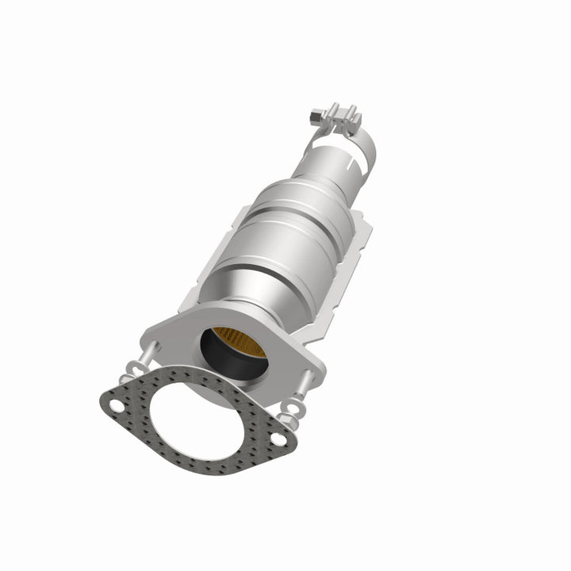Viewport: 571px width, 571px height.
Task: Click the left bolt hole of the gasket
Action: pyautogui.click(x=116, y=406)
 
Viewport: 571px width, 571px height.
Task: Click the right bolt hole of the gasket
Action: pyautogui.click(x=277, y=438)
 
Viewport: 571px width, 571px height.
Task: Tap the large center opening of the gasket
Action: pyautogui.click(x=195, y=420)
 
